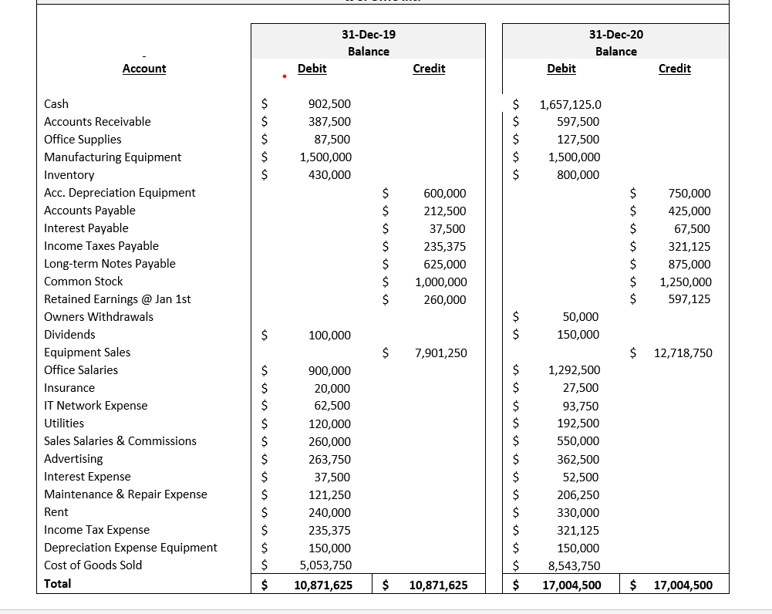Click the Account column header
pyautogui.click(x=144, y=69)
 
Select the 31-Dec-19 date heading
pyautogui.click(x=369, y=34)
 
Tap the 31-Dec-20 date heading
pyautogui.click(x=615, y=34)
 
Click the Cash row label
pyautogui.click(x=56, y=103)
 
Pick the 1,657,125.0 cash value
pyautogui.click(x=571, y=104)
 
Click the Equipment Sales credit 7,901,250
pyautogui.click(x=440, y=353)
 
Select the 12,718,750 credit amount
pyautogui.click(x=683, y=353)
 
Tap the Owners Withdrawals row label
pyautogui.click(x=99, y=317)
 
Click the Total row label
pyautogui.click(x=58, y=584)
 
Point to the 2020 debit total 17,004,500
pyautogui.click(x=571, y=585)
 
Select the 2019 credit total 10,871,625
pyautogui.click(x=438, y=585)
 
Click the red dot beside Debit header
pyautogui.click(x=285, y=76)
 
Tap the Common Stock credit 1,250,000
pyautogui.click(x=686, y=282)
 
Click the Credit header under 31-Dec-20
pyautogui.click(x=675, y=69)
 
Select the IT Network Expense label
pyautogui.click(x=96, y=406)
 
